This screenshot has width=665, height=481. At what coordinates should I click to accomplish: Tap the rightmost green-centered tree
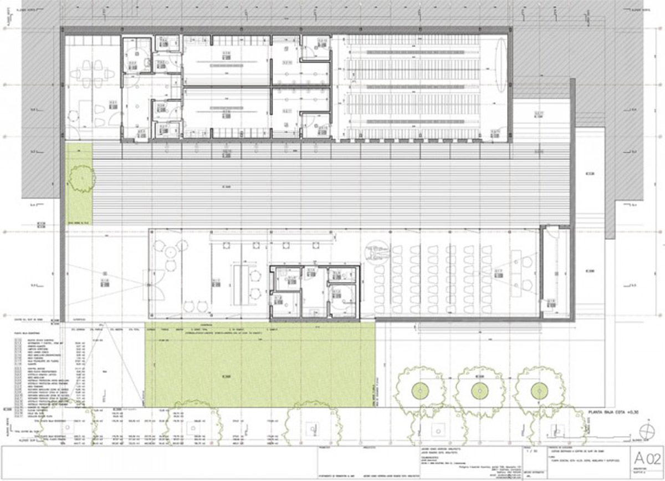pyautogui.click(x=537, y=390)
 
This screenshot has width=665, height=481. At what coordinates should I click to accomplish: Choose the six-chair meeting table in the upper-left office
pyautogui.click(x=91, y=73)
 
